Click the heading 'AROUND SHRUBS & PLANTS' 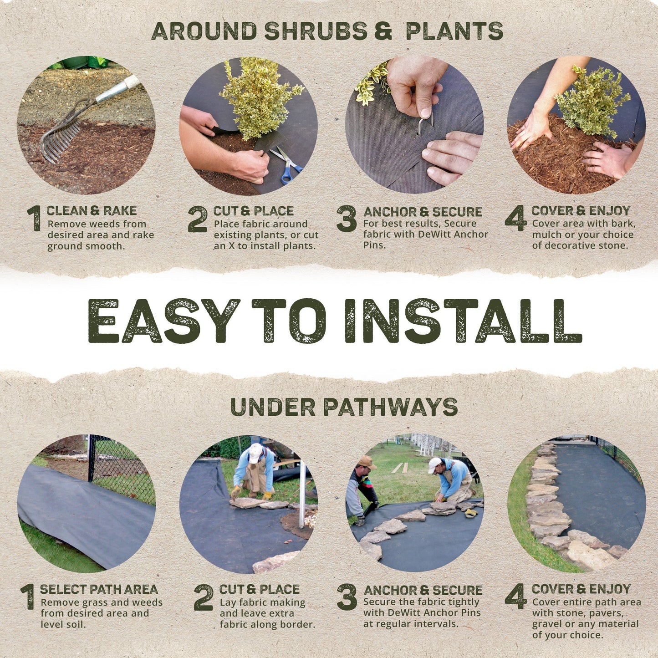pos(327,31)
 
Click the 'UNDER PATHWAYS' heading pos(344,407)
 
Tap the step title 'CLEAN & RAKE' pos(92,210)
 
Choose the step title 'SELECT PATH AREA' pos(99,589)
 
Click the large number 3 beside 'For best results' pos(347,219)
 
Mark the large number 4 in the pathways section pos(516,597)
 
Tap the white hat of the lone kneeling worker pos(255,453)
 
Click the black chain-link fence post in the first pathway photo pos(91,458)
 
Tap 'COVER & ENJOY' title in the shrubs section pos(581,210)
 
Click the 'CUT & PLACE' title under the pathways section pos(259,589)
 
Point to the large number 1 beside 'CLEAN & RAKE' pos(35,219)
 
